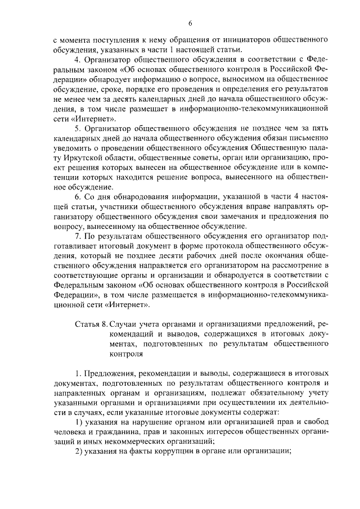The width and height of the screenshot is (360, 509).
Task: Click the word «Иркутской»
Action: tap(85, 158)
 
